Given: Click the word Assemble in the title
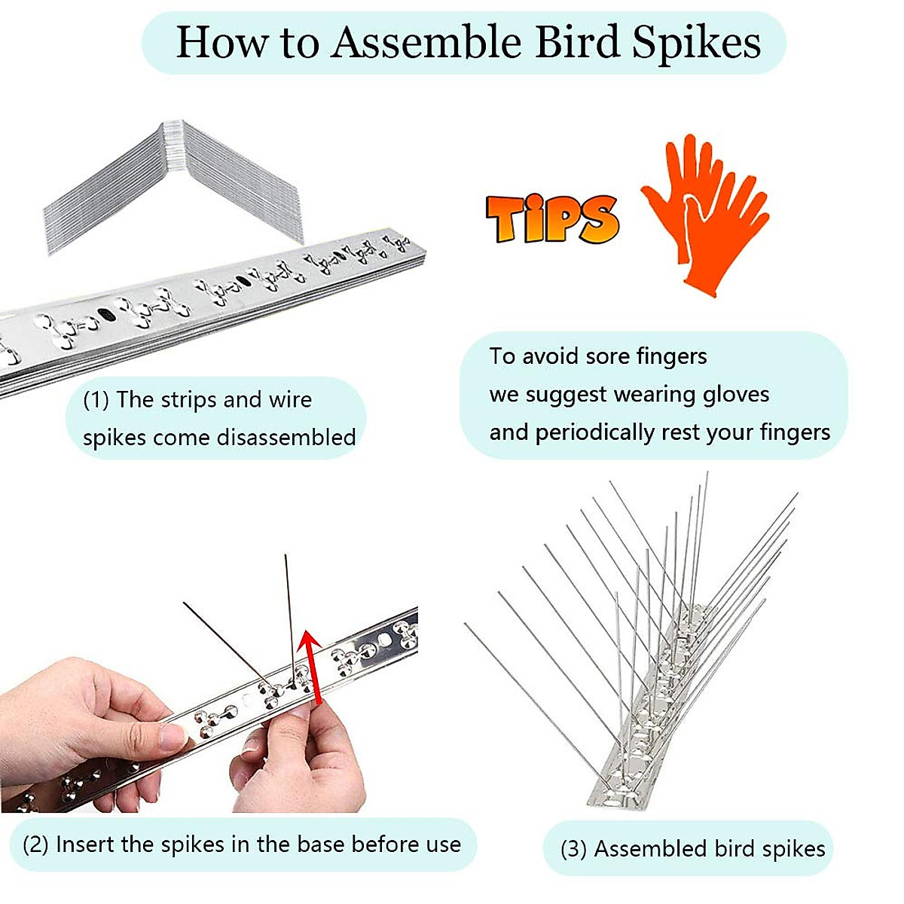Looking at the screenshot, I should [426, 42].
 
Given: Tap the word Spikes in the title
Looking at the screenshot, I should [696, 44].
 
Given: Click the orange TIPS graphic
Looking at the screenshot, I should [552, 218].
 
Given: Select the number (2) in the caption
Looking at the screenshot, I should [35, 844].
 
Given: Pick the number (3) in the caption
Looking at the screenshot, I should [573, 850].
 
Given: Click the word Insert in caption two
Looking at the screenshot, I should [85, 844].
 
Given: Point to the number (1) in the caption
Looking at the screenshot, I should [96, 400].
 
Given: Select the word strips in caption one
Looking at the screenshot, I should [191, 400].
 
